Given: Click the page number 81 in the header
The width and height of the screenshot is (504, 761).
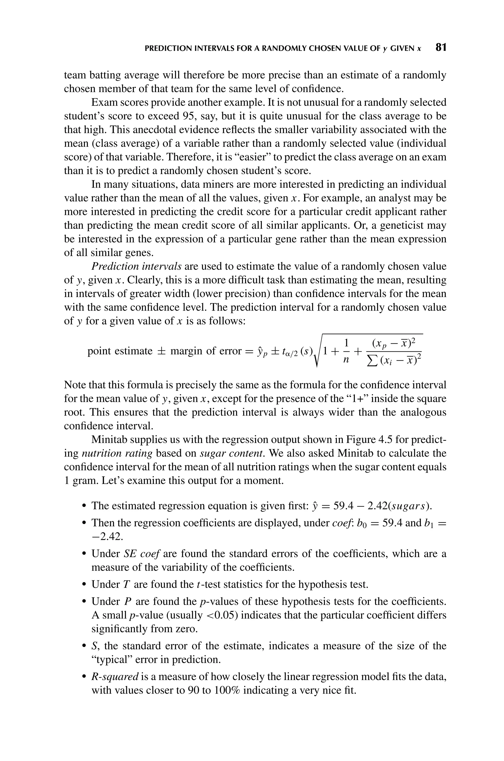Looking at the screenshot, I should coord(441,48).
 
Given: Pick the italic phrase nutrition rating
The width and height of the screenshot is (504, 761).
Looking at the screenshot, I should coord(117,453).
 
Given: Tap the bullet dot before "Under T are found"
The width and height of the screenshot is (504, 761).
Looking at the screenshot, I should coord(84,585).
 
